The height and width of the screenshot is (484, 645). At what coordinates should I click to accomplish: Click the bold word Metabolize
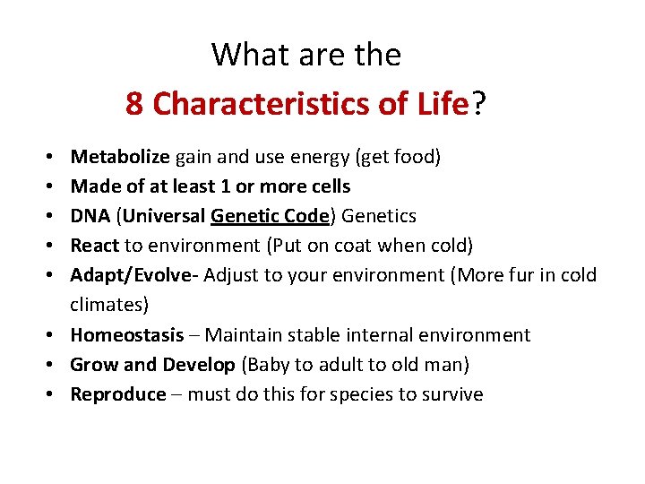coord(120,158)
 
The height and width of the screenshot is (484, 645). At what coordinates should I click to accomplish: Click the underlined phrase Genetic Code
coord(271,216)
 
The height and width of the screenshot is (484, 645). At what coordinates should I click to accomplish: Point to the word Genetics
coord(380,216)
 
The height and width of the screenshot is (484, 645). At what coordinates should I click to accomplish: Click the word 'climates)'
coord(109,305)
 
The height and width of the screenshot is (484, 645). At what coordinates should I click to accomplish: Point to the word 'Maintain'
coord(245,335)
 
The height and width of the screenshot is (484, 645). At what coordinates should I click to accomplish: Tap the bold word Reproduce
coord(118,394)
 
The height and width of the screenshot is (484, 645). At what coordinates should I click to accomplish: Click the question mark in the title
coord(479,105)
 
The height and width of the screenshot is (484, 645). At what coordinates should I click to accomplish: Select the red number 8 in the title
coord(134,105)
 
